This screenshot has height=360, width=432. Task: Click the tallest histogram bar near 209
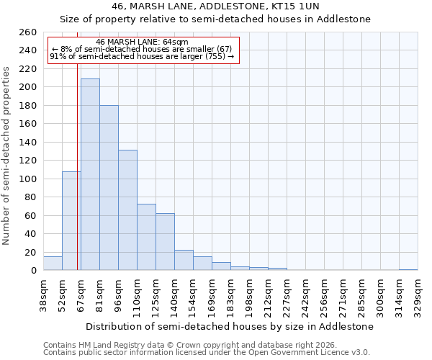tap(90, 174)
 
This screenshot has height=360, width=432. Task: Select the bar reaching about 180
tap(109, 188)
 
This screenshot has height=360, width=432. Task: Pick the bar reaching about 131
tap(127, 210)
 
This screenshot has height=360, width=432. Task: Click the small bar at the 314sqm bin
tap(408, 269)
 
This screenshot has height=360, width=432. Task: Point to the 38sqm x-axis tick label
tap(44, 294)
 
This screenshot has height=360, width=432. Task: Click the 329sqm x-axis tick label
tap(418, 294)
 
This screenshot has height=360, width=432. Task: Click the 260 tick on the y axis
tap(28, 32)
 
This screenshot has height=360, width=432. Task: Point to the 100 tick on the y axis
tap(28, 179)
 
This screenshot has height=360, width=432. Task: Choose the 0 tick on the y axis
tap(34, 271)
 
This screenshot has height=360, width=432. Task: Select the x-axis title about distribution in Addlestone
tap(230, 326)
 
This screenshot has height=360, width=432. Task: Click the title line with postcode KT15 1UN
tap(230, 6)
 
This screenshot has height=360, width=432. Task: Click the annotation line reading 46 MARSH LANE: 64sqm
tap(142, 42)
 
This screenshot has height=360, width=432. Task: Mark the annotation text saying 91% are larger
tap(142, 56)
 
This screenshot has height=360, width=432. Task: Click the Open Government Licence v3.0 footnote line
tap(207, 352)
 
